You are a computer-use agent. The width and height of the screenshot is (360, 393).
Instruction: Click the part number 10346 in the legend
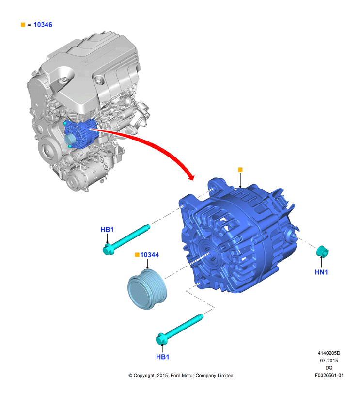point(43,25)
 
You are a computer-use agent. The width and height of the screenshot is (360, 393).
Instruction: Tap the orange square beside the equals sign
point(23,25)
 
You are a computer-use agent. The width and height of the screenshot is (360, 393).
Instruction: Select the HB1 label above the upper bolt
point(107,229)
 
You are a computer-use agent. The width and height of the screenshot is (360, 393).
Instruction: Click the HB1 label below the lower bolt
point(163,357)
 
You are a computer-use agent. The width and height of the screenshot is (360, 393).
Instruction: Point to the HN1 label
point(321,272)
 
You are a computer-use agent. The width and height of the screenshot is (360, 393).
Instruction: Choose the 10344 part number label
point(150,255)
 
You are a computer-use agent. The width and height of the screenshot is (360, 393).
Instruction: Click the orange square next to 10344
point(137,255)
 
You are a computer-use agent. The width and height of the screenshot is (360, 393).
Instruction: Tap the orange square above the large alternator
point(240,170)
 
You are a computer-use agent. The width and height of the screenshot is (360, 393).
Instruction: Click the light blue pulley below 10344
point(147,289)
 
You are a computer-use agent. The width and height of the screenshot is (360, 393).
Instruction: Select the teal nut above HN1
point(322,251)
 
